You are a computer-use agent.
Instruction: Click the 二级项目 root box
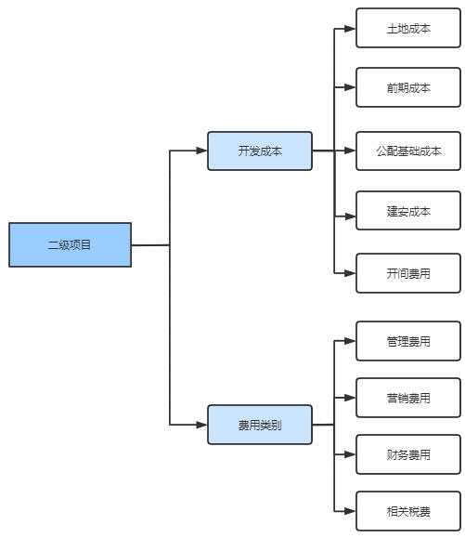pos(70,244)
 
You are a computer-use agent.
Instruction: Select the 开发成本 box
pos(260,151)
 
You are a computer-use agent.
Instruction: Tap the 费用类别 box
pos(260,425)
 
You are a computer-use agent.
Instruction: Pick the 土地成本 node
pos(408,28)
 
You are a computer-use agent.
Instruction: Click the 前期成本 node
pos(408,87)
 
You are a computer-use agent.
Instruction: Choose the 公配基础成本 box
pos(408,151)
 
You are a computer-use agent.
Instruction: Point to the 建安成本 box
pos(408,211)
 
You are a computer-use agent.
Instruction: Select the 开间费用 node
pos(408,273)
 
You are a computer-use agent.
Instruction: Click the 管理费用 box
pos(408,341)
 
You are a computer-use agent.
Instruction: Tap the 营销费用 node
pos(408,398)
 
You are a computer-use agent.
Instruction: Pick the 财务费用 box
pos(408,454)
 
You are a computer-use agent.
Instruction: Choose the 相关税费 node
pos(408,511)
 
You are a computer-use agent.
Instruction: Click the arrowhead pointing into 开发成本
pos(201,151)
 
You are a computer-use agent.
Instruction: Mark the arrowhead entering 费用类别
pos(201,425)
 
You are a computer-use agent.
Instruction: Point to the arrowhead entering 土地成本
pos(350,29)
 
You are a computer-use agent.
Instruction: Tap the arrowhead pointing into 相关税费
pos(350,511)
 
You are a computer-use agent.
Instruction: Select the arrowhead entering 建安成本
pos(350,217)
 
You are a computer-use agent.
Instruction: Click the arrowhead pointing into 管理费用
pos(350,341)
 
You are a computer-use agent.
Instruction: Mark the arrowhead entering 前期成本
pos(350,87)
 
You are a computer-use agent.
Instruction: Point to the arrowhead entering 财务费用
pos(350,454)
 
